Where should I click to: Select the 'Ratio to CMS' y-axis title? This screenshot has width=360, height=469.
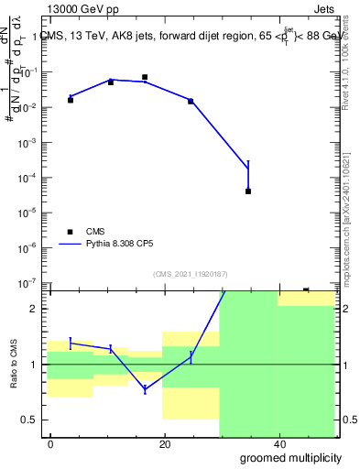point(15,364)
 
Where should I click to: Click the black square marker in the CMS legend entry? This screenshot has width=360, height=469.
point(70,232)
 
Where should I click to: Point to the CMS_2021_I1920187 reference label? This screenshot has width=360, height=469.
point(191,274)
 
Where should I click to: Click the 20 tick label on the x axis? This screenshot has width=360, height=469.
point(164,444)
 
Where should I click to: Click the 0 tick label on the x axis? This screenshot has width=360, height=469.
point(51,444)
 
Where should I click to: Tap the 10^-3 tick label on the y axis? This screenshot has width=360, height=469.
point(33,143)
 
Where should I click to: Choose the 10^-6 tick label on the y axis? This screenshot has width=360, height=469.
point(33,247)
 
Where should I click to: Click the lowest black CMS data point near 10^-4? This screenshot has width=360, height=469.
point(248,191)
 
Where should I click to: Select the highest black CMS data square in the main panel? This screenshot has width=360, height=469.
point(145,77)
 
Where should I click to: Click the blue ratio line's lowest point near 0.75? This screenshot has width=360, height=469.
point(145,389)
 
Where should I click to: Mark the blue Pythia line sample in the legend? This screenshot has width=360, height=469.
point(71,245)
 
